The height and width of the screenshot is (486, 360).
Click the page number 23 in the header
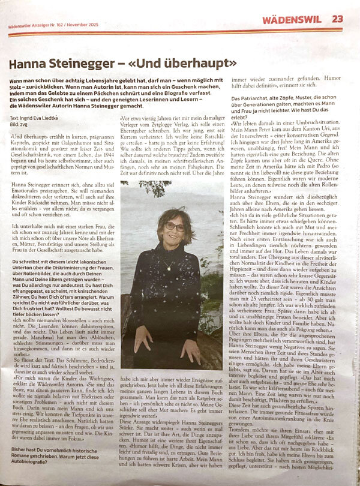(x=338, y=19)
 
